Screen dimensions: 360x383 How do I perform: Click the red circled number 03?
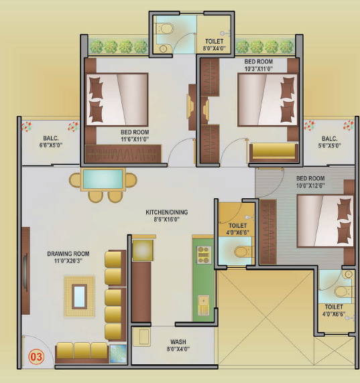click(36, 357)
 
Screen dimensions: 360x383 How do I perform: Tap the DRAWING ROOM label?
click(68, 254)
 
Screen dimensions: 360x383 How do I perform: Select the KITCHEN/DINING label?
click(167, 212)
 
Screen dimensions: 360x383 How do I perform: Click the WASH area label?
click(178, 341)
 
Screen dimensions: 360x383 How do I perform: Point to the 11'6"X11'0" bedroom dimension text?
click(135, 139)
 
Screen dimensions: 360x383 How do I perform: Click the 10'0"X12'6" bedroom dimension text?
click(310, 185)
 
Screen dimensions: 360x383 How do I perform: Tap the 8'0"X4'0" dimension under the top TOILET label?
click(215, 48)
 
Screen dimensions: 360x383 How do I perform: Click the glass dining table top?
click(103, 179)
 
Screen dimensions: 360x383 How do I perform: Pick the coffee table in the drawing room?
click(79, 297)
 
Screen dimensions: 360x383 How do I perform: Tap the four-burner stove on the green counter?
click(204, 255)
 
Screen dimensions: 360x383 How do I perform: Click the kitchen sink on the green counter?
click(204, 305)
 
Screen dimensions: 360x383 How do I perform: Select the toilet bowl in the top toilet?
click(164, 29)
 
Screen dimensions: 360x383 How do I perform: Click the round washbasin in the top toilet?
click(163, 49)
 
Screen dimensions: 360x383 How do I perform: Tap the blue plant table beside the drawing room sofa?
click(118, 354)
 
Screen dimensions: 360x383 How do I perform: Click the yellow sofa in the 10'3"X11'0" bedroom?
click(274, 152)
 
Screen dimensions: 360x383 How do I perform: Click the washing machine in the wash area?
click(141, 337)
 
